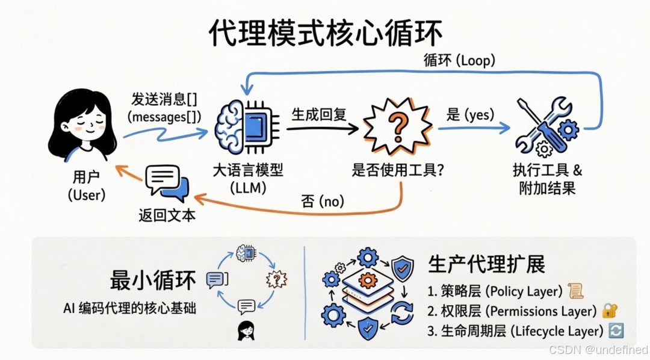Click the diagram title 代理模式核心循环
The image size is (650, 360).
coord(324,34)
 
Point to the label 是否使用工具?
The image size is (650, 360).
coord(398,170)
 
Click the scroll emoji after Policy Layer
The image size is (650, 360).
coord(575,291)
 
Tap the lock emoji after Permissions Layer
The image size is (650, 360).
coord(610,311)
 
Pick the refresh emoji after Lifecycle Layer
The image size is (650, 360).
coord(616,331)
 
